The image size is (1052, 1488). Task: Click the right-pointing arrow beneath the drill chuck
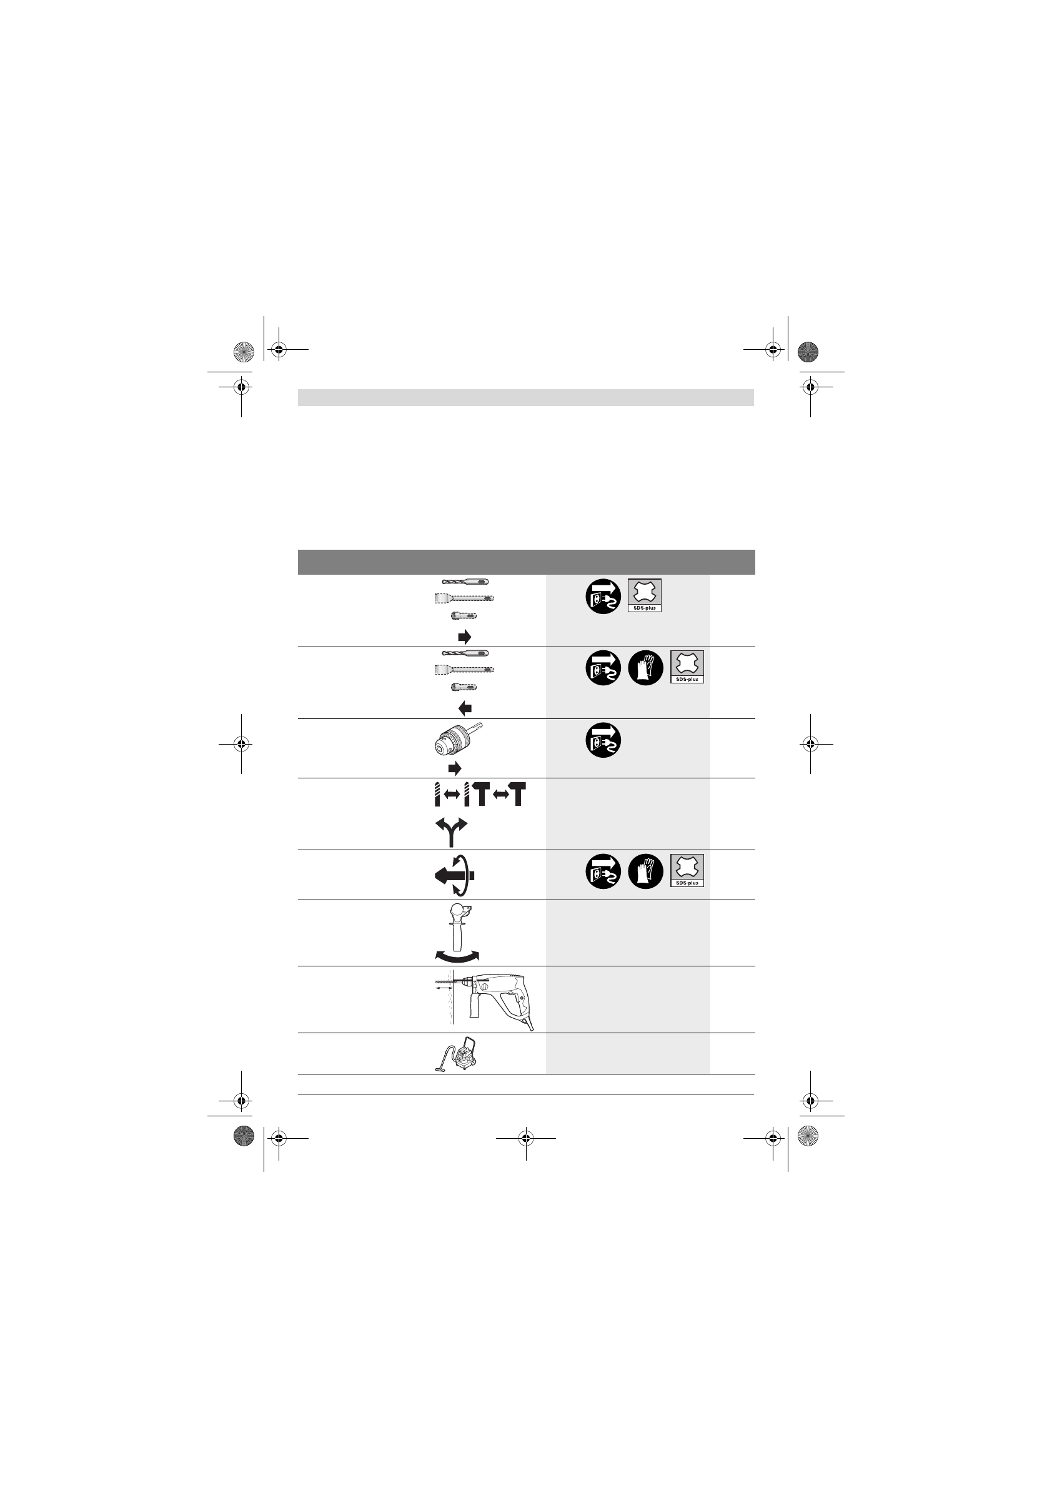tap(455, 768)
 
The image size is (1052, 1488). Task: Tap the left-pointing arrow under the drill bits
tap(465, 708)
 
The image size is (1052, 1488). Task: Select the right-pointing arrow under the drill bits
tap(465, 637)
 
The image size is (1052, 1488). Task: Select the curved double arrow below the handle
tap(457, 956)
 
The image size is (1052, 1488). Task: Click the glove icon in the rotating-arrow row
tap(645, 871)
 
